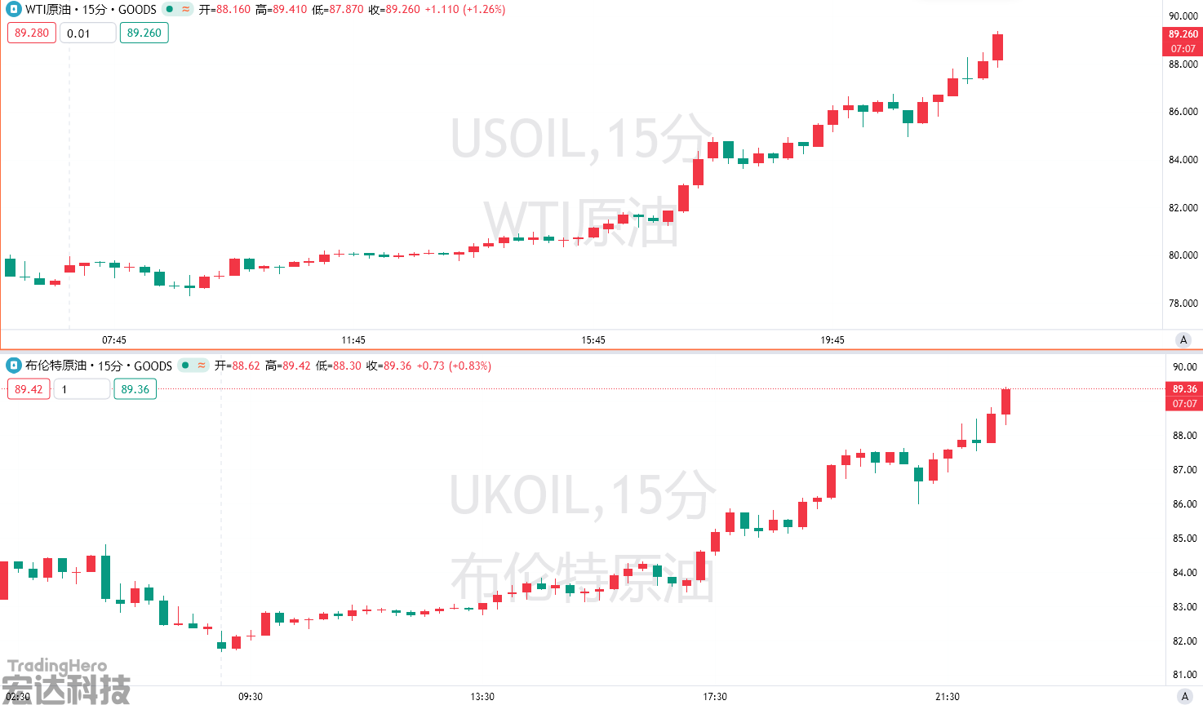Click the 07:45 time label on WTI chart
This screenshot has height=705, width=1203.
(114, 339)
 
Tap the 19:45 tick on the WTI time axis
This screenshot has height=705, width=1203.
(832, 339)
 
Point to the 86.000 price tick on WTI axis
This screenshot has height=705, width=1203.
(1183, 112)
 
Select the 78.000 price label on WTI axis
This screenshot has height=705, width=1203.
(1183, 304)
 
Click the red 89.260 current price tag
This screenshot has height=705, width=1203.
(1183, 34)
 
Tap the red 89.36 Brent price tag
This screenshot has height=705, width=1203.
(1184, 389)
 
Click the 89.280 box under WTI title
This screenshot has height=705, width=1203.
(32, 33)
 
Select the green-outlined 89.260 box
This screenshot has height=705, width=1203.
(144, 33)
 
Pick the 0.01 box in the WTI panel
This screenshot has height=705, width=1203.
(87, 33)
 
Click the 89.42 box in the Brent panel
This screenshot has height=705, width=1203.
(29, 389)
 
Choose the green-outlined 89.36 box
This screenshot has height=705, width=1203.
(135, 389)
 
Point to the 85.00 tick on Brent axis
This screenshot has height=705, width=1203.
(1184, 539)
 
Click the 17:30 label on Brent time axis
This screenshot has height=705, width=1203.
(715, 696)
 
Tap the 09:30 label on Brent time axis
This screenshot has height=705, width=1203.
(251, 696)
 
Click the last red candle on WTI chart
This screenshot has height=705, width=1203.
(997, 47)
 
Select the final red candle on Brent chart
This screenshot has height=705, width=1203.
(1006, 401)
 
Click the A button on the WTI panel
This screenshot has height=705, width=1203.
(1183, 339)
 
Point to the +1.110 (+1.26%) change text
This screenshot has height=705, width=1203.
(465, 10)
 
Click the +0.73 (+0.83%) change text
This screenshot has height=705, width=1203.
(454, 366)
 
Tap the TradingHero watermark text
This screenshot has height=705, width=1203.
(57, 666)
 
